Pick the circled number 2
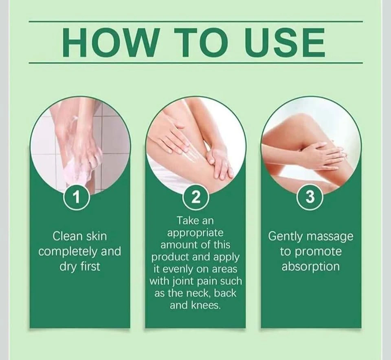click(196, 198)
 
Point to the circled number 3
click(310, 198)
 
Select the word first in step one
click(90, 266)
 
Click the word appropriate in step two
click(195, 233)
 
